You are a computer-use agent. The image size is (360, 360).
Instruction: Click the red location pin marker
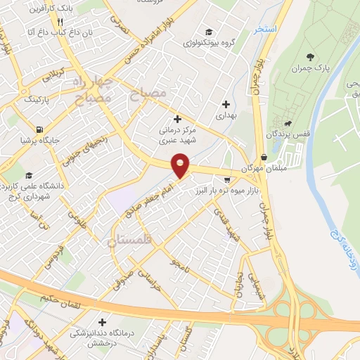click(x=181, y=166)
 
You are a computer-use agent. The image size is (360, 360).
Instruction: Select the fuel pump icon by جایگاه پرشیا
click(x=37, y=129)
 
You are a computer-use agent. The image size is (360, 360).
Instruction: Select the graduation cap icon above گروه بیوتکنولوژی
click(x=208, y=31)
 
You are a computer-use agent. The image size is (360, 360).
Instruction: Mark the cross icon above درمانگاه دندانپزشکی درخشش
click(x=103, y=321)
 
